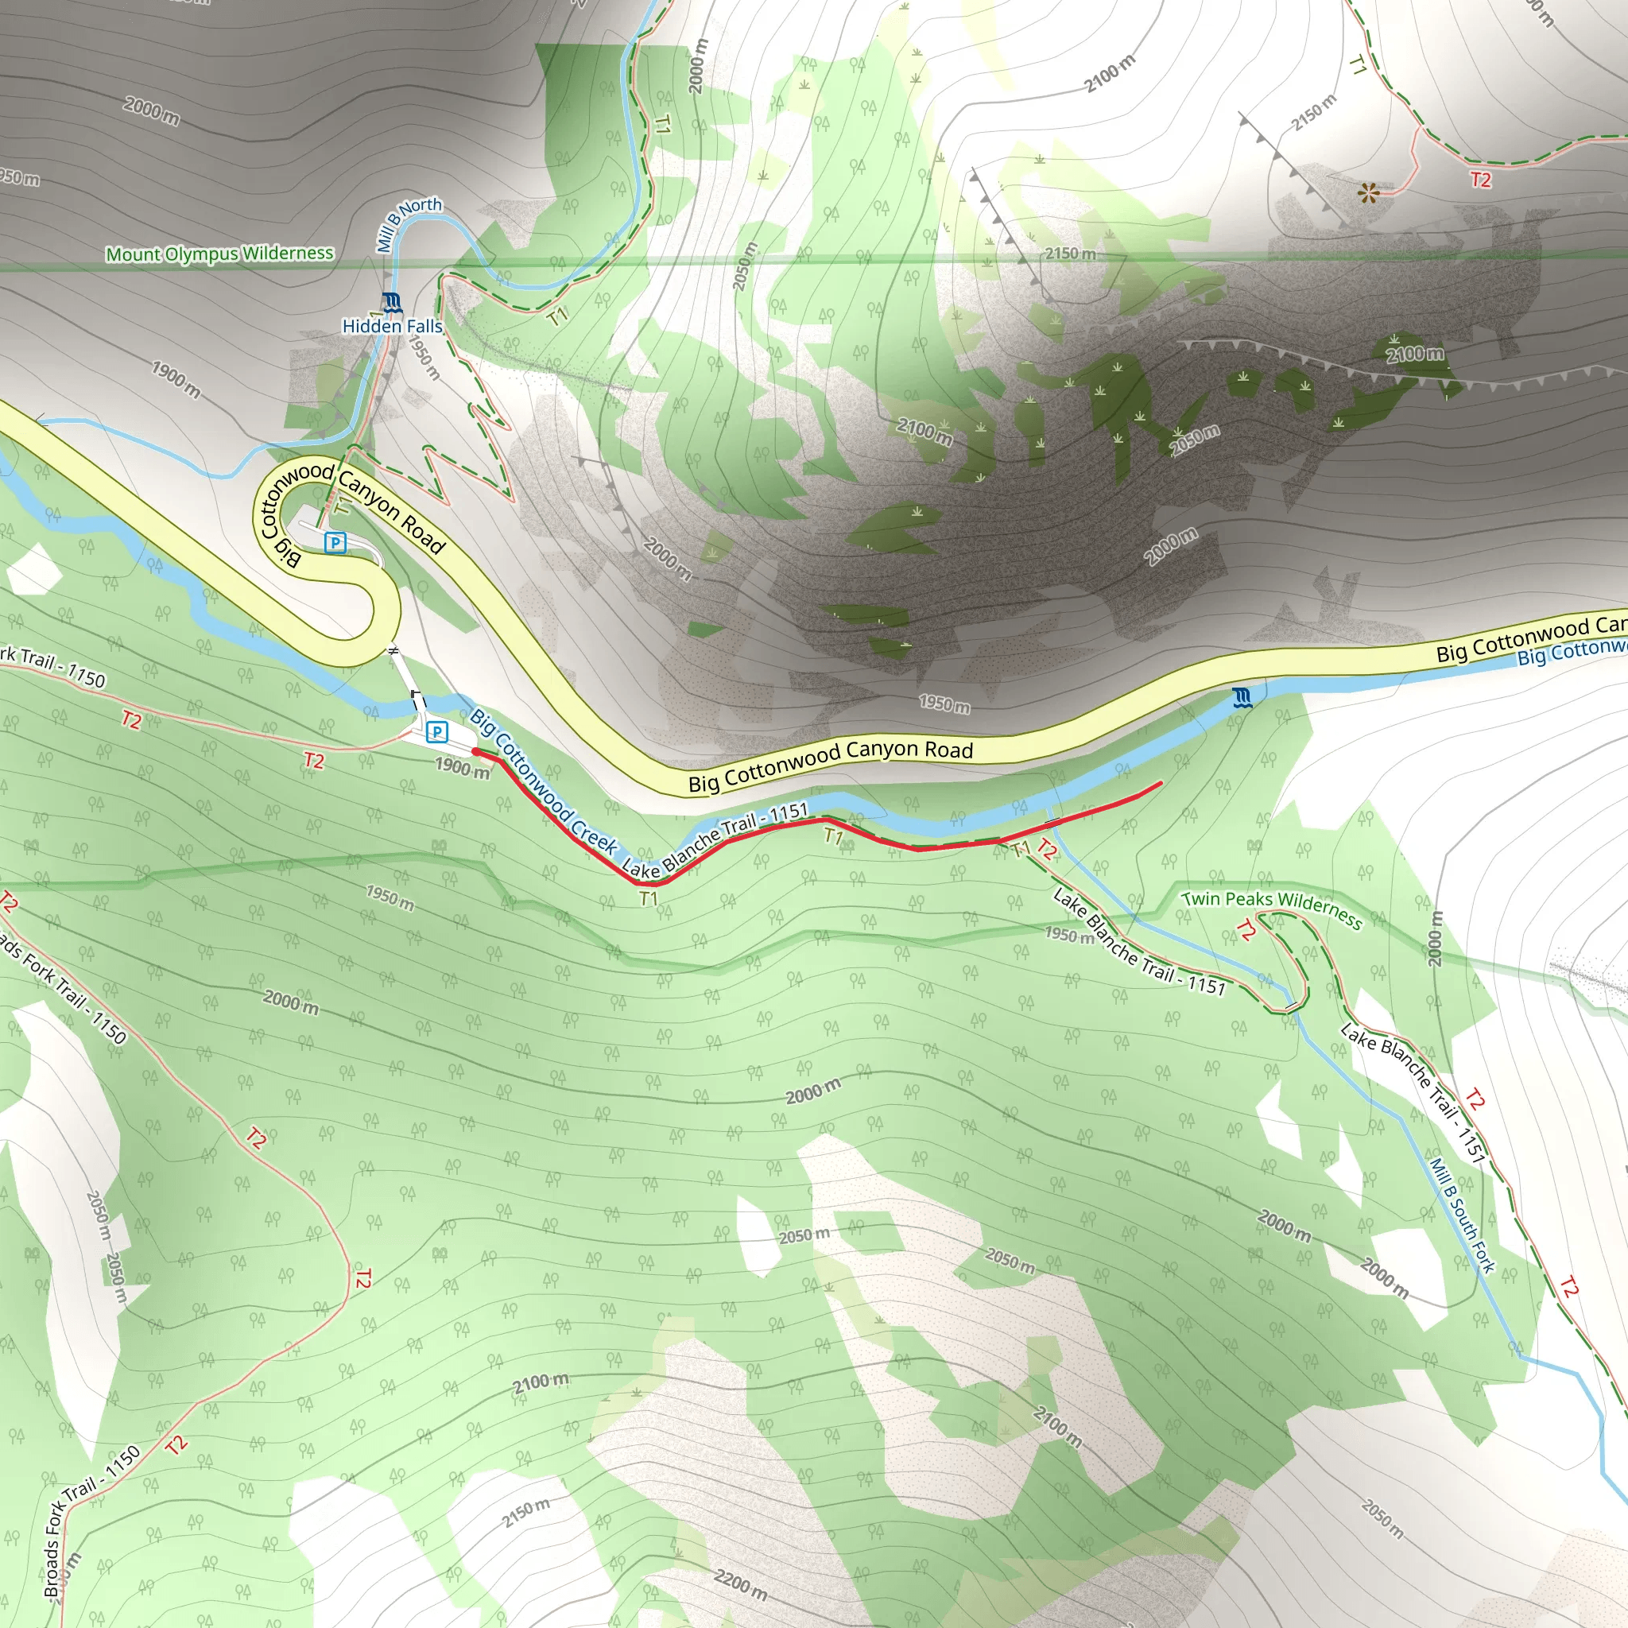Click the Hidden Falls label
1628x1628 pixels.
392,326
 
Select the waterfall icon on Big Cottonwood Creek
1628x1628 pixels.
1241,698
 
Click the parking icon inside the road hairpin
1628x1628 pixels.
335,543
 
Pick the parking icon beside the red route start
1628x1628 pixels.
436,731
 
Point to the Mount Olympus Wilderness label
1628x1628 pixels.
219,254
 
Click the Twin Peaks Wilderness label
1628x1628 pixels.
1272,909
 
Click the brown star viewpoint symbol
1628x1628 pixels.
1369,194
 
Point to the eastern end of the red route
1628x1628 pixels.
1161,783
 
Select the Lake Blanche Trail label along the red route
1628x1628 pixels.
715,839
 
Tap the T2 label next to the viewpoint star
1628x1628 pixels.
1479,180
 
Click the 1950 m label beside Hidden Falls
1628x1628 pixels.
424,356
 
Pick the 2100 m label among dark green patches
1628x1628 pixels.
1415,354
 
